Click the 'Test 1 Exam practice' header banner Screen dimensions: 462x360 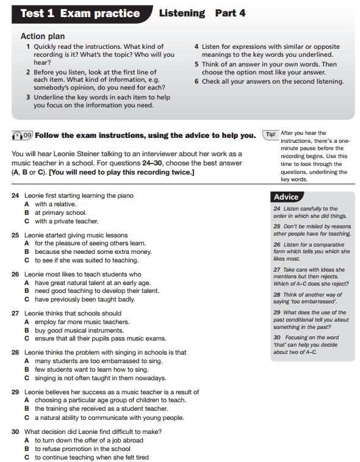(80, 13)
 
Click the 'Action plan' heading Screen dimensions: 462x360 (43, 37)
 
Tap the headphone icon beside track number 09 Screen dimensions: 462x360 (17, 135)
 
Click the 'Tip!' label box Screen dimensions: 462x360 (270, 134)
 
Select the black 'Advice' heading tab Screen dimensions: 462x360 (286, 197)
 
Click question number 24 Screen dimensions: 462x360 (15, 196)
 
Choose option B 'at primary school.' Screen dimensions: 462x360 (60, 213)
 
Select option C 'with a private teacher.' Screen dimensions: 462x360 (66, 222)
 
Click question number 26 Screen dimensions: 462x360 (15, 275)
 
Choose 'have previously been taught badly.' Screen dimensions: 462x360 (84, 300)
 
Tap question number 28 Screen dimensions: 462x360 (15, 353)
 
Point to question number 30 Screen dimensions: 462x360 (15, 431)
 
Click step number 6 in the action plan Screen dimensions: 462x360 (196, 82)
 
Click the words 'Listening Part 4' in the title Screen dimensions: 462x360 (202, 13)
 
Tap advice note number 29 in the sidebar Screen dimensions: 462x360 (277, 312)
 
